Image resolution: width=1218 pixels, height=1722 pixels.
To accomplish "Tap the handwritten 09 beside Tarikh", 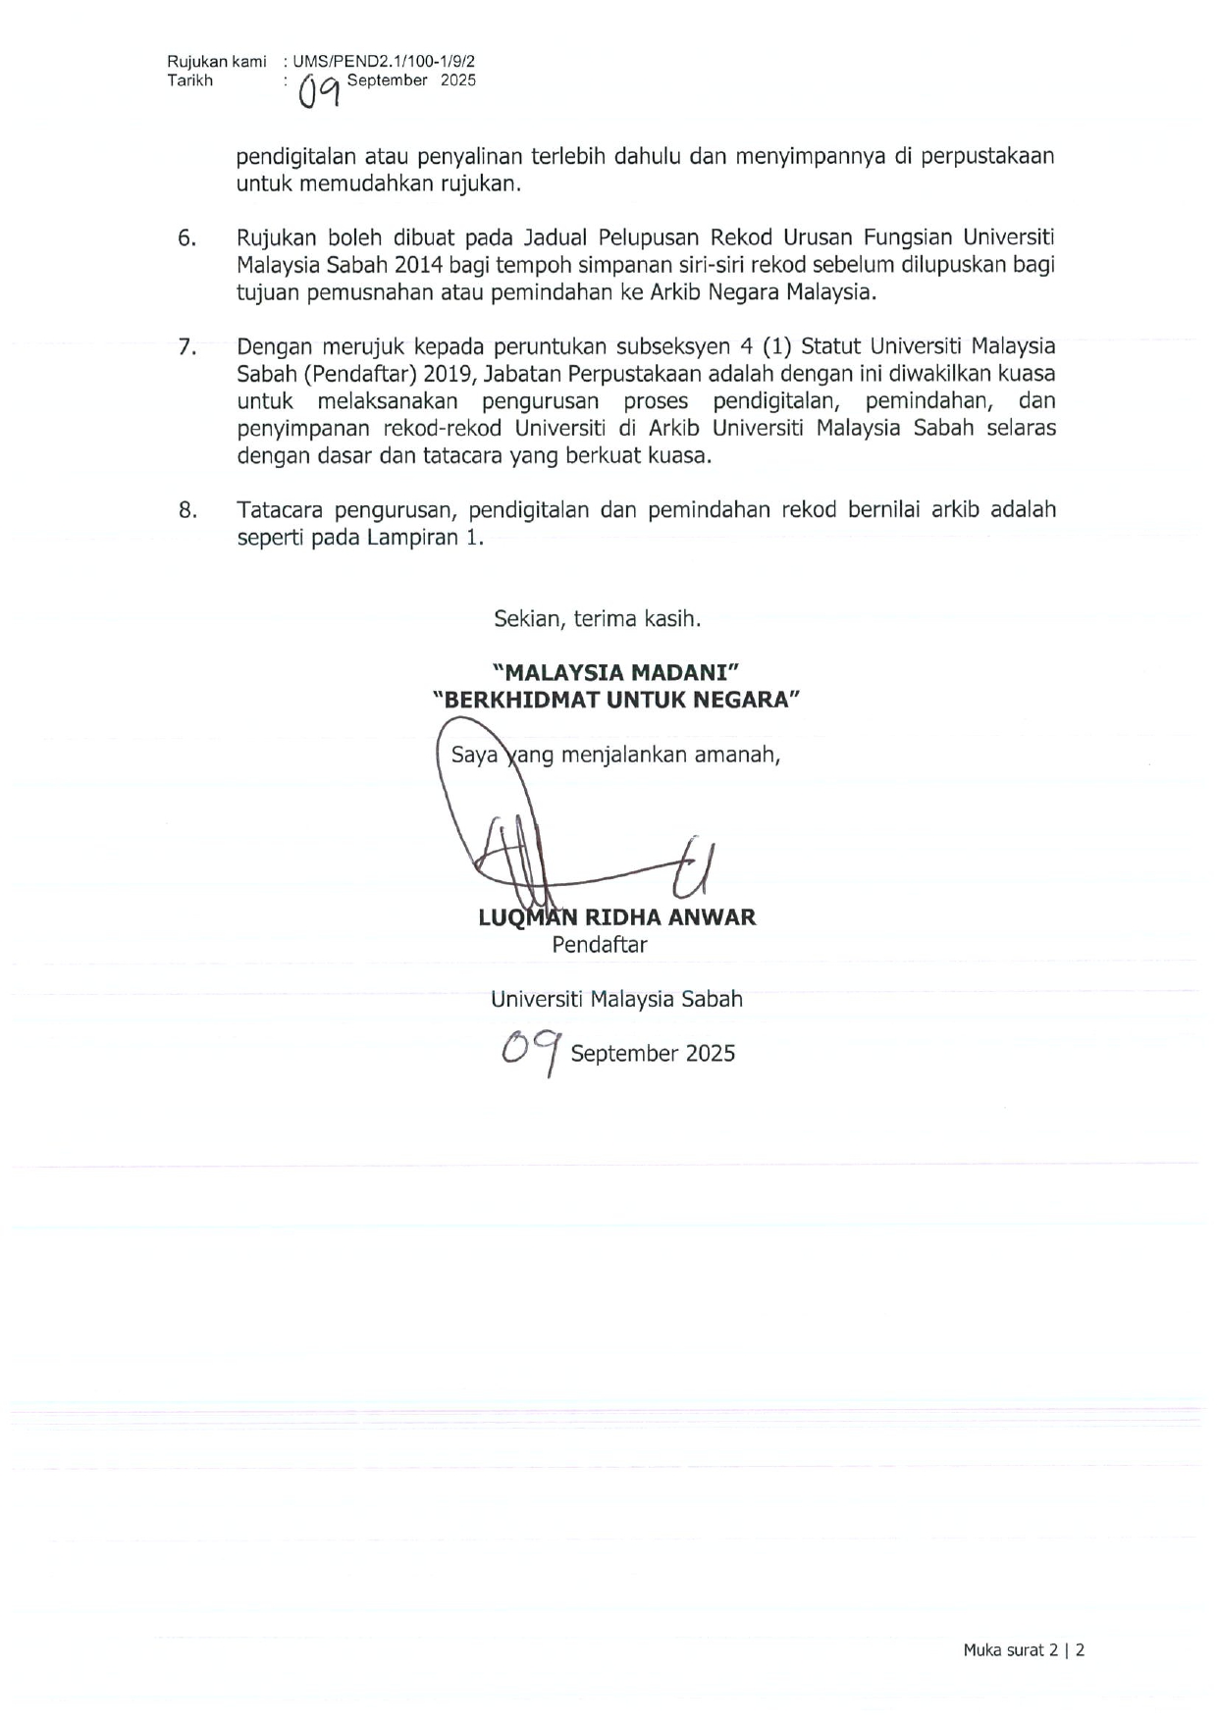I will [x=320, y=90].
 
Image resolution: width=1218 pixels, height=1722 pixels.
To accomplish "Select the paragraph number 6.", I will [x=186, y=238].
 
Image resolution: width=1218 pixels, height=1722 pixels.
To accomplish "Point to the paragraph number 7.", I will [x=186, y=346].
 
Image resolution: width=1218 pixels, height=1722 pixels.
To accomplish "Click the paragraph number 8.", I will [x=186, y=510].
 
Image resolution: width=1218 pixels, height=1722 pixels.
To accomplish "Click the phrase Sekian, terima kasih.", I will [x=597, y=619].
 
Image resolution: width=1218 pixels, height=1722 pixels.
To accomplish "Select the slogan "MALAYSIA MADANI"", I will [x=615, y=672].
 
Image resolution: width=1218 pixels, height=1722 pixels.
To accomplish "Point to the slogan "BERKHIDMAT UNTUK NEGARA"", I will [x=617, y=700].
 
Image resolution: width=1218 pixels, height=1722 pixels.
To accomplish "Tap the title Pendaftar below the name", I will [x=599, y=945].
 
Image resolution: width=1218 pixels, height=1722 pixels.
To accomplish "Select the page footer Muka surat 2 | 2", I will [x=1023, y=1650].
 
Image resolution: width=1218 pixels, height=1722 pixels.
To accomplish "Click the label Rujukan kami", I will [x=216, y=61].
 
